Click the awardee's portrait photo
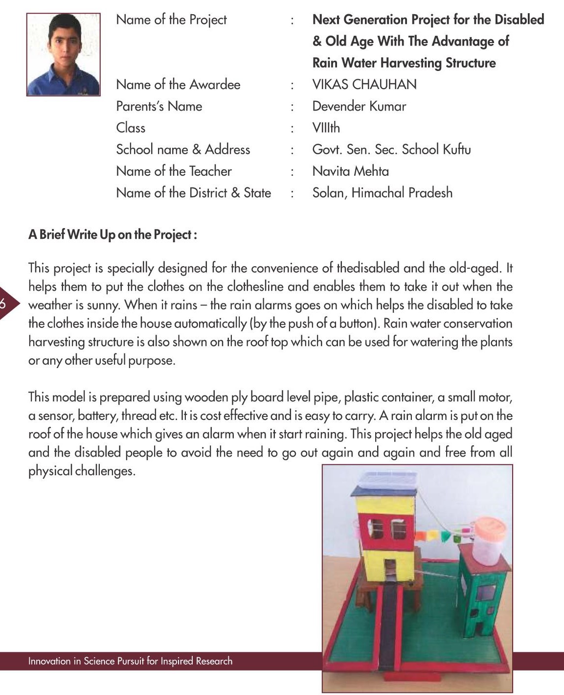63,54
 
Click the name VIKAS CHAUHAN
364,85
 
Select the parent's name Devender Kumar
359,106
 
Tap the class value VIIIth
326,128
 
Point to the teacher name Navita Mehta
350,171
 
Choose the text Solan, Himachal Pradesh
382,193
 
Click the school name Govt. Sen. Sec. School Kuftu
391,150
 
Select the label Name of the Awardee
178,85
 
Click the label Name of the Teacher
174,171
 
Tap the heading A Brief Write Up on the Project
113,235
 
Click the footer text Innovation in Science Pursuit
130,661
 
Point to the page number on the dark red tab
3,304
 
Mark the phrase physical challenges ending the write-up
81,471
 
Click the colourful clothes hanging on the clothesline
443,535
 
